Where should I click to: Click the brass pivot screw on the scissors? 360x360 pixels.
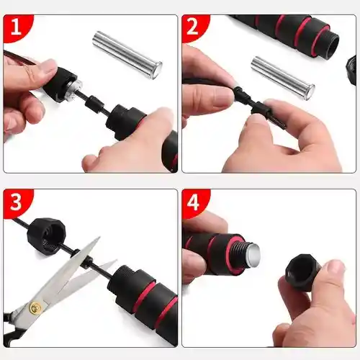click(35, 307)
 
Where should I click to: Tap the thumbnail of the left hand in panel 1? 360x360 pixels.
click(48, 66)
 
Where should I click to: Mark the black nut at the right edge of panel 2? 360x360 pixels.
click(351, 70)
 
